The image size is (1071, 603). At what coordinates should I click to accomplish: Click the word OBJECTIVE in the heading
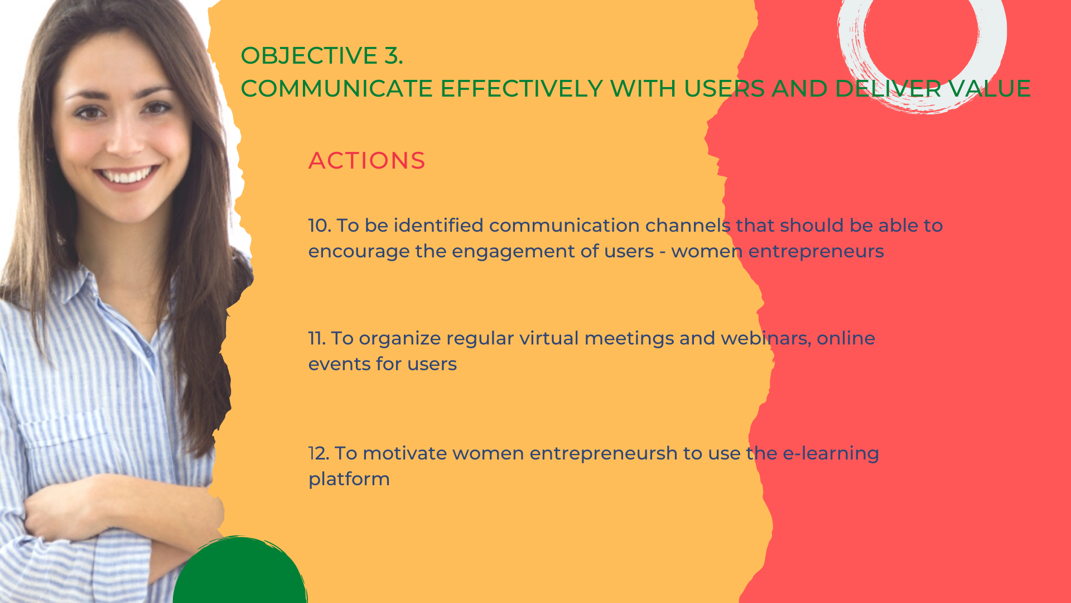pos(309,55)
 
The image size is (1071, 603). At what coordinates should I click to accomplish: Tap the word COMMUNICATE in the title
pos(336,89)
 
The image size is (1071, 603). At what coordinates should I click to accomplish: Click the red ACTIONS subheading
pos(366,161)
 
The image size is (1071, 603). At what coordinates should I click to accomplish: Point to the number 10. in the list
pos(320,226)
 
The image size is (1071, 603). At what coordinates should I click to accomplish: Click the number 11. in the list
pos(317,338)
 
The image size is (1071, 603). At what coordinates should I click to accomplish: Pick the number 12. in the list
pos(319,453)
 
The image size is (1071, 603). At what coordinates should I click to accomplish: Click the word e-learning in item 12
pos(831,454)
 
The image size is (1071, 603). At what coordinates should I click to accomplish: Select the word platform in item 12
pos(349,479)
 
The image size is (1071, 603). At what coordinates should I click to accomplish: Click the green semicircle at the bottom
pos(240,572)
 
